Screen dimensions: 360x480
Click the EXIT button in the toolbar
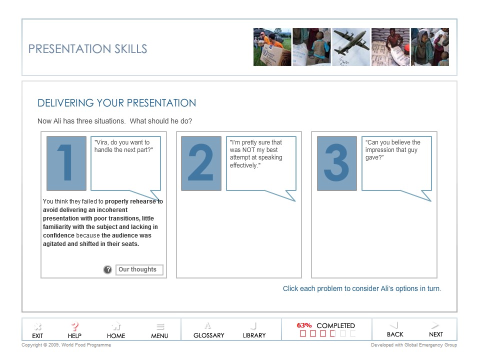37,330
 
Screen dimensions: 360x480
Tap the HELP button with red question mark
74,330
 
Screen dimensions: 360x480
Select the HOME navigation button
116,330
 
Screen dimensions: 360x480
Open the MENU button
159,330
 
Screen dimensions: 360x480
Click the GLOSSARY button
208,330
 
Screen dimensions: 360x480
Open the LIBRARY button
254,330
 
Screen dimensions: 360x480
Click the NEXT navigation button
435,329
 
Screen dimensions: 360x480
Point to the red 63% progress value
304,325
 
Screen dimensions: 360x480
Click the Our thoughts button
139,270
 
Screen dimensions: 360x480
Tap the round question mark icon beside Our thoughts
107,270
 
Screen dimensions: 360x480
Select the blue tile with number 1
66,163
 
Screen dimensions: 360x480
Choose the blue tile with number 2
201,163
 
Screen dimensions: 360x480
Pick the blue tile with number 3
336,163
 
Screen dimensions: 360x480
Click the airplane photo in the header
351,47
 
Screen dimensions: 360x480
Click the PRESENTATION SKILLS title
87,49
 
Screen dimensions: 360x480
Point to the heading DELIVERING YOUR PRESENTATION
116,103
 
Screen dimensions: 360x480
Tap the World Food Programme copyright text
66,345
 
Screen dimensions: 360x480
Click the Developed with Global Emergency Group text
413,345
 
